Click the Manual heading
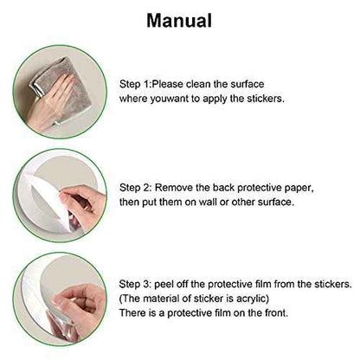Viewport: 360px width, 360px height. coord(179,21)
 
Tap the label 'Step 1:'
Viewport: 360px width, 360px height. coord(136,84)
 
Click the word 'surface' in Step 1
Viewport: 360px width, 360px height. coord(247,84)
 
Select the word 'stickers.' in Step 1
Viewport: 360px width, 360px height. coord(266,99)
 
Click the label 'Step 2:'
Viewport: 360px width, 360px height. coord(136,188)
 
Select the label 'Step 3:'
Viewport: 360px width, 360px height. coord(135,284)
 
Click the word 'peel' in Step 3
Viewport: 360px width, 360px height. coord(164,285)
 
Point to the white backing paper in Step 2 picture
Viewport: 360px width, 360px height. coord(43,202)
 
